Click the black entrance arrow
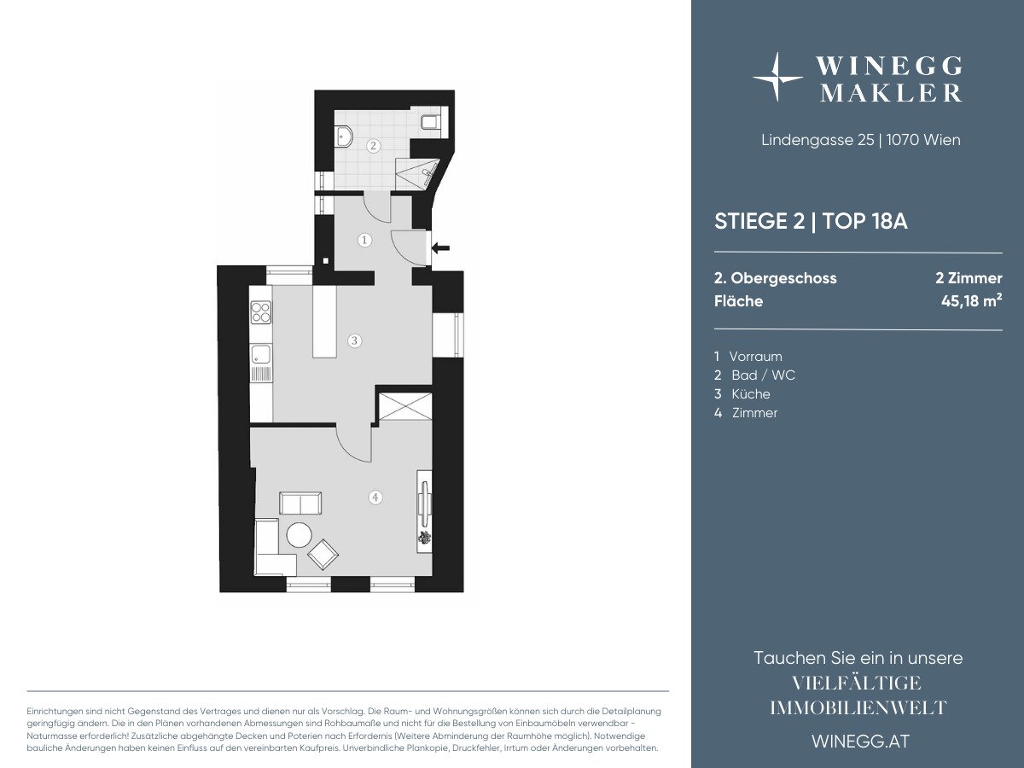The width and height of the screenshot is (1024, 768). click(x=440, y=247)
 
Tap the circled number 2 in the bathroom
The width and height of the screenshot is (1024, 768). click(x=373, y=145)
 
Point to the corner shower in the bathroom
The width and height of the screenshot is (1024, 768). click(x=416, y=173)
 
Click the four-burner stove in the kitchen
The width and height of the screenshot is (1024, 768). click(x=261, y=312)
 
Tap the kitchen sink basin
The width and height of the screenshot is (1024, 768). click(x=261, y=354)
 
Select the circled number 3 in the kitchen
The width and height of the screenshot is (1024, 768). click(x=354, y=340)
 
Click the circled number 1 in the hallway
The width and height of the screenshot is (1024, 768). click(x=364, y=240)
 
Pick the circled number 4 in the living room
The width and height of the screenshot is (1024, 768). click(x=375, y=497)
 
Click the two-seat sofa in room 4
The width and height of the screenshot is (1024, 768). click(x=300, y=503)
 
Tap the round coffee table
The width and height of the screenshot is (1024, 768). click(x=299, y=535)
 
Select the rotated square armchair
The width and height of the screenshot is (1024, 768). click(x=323, y=555)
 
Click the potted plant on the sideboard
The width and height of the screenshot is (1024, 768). click(x=424, y=538)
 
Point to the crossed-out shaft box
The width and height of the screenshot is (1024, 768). click(x=405, y=406)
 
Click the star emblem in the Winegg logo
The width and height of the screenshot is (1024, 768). click(x=777, y=77)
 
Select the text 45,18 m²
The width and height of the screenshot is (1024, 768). click(x=971, y=300)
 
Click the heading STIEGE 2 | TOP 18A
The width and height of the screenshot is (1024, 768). click(x=811, y=221)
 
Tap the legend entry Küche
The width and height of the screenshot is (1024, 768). click(x=751, y=394)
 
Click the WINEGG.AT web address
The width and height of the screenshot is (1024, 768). click(x=860, y=742)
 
